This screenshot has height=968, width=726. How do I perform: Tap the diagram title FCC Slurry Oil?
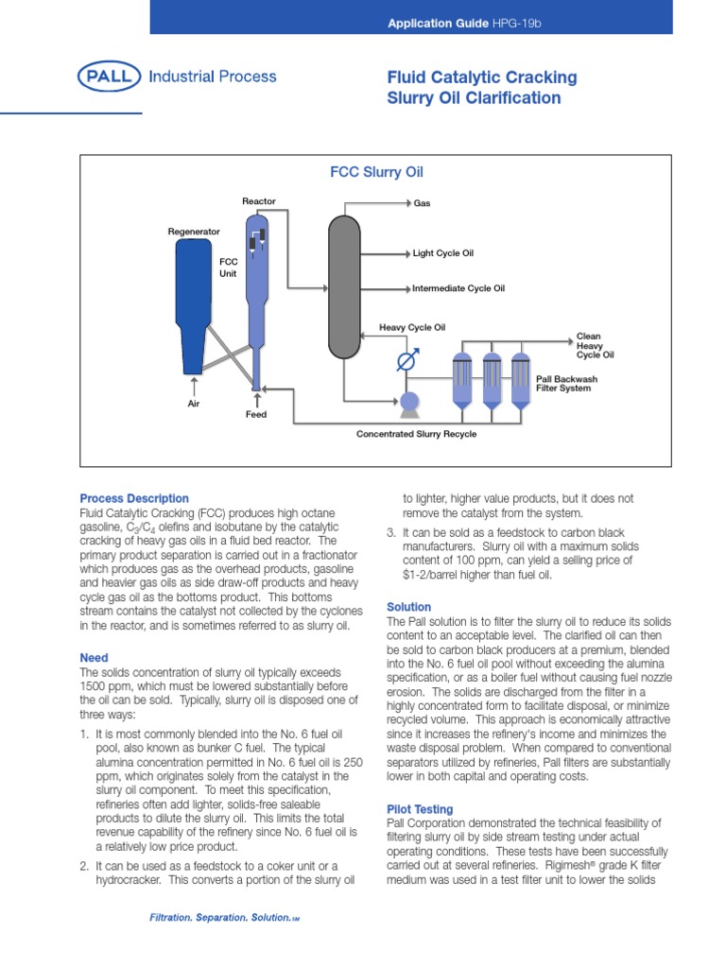click(375, 173)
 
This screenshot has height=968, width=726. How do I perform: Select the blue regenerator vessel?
click(194, 302)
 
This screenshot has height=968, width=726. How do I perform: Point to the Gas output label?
click(422, 203)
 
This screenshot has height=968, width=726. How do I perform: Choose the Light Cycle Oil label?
click(442, 253)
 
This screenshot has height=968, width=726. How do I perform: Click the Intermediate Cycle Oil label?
click(458, 288)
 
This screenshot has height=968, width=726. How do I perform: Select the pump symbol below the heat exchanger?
click(410, 403)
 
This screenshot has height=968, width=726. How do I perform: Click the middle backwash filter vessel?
click(492, 379)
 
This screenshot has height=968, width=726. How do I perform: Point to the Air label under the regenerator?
click(194, 403)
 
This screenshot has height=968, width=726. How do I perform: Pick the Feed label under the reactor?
click(256, 415)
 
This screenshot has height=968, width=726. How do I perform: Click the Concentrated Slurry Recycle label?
click(416, 434)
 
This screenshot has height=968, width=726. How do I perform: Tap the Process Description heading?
click(134, 498)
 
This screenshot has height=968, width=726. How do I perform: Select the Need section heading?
click(95, 658)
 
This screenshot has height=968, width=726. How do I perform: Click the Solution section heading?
click(409, 607)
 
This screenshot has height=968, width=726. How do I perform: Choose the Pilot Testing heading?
click(420, 809)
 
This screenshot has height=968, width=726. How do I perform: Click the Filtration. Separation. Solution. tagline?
click(224, 918)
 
